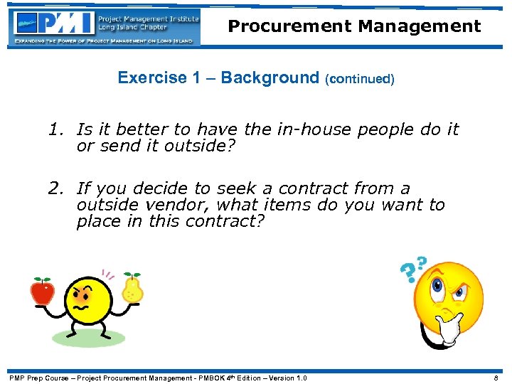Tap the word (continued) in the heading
[359, 79]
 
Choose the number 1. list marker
[57, 130]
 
